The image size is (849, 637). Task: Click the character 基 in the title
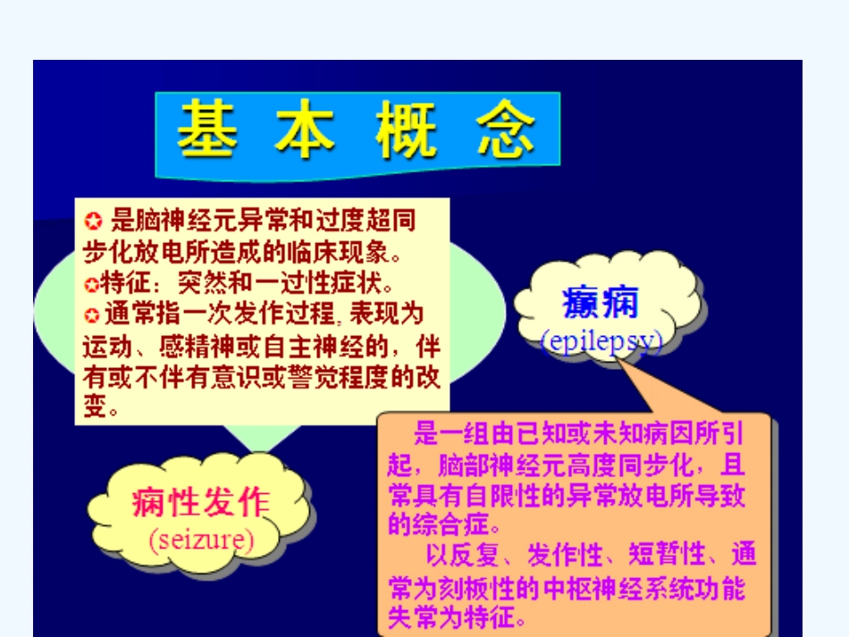[207, 132]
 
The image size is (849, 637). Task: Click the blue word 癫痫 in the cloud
[601, 304]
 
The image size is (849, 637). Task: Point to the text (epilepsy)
[601, 341]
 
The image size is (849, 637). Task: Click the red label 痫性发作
[201, 503]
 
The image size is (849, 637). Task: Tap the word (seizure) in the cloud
[201, 540]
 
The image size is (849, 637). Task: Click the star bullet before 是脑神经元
[92, 220]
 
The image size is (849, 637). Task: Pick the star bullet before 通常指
[91, 315]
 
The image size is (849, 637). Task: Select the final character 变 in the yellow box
[95, 408]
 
